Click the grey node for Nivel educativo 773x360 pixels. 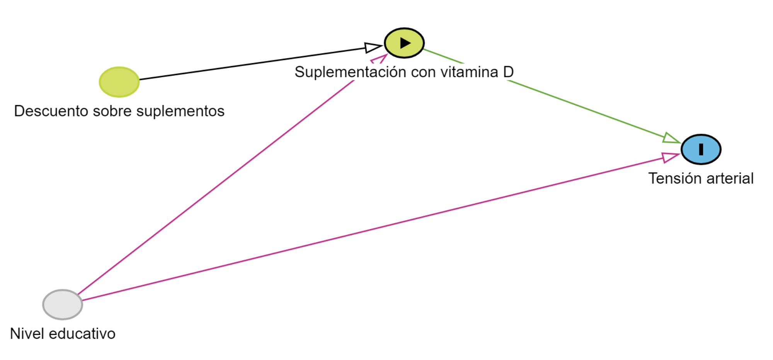tap(63, 305)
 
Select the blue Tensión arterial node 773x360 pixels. tap(701, 149)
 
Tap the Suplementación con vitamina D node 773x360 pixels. tap(404, 43)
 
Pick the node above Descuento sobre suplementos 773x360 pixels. tap(119, 82)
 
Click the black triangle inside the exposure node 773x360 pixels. tap(405, 43)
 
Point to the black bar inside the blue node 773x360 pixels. tap(701, 149)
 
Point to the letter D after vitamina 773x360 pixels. tap(508, 72)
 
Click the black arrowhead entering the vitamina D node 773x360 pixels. tap(373, 48)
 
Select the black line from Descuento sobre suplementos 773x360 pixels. tap(251, 64)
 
